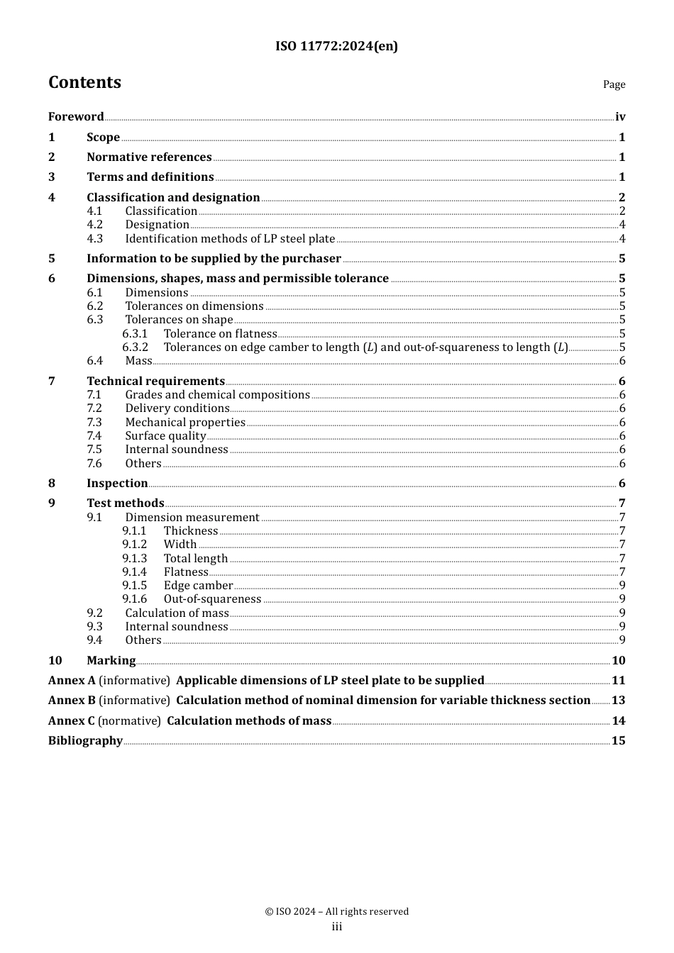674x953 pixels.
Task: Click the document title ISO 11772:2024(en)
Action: pyautogui.click(x=336, y=46)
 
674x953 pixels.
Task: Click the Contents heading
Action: pyautogui.click(x=84, y=82)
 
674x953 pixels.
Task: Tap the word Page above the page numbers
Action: pyautogui.click(x=614, y=84)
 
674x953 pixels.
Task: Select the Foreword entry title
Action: pyautogui.click(x=76, y=117)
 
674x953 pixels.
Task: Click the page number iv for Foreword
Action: pyautogui.click(x=620, y=117)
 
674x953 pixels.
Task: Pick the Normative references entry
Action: pyautogui.click(x=149, y=157)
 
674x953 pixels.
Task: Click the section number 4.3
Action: pyautogui.click(x=95, y=239)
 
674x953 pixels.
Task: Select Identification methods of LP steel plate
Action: pyautogui.click(x=230, y=239)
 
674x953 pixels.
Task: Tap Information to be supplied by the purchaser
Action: pyautogui.click(x=214, y=259)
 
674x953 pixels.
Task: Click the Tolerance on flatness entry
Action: pyautogui.click(x=220, y=334)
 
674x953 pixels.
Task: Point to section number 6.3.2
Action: pyautogui.click(x=135, y=347)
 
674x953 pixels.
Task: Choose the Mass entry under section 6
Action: pyautogui.click(x=138, y=361)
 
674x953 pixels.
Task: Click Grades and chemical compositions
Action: pyautogui.click(x=217, y=395)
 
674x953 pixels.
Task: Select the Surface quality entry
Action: pyautogui.click(x=165, y=436)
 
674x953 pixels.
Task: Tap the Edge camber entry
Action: pyautogui.click(x=198, y=586)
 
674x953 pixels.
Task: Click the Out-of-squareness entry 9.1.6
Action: pyautogui.click(x=212, y=599)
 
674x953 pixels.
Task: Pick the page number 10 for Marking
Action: pyautogui.click(x=619, y=661)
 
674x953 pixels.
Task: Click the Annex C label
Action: pyautogui.click(x=71, y=721)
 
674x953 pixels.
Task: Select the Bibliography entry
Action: pyautogui.click(x=85, y=741)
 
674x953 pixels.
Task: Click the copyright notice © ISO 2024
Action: pyautogui.click(x=336, y=912)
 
